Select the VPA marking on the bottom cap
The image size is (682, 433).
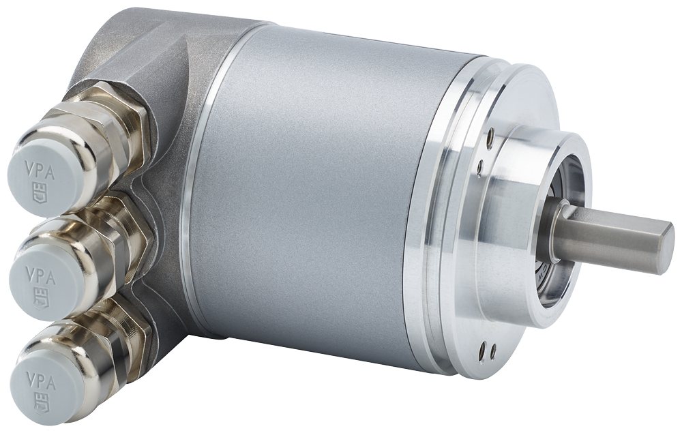pos(40,377)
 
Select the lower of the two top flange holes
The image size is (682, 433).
pos(480,165)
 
